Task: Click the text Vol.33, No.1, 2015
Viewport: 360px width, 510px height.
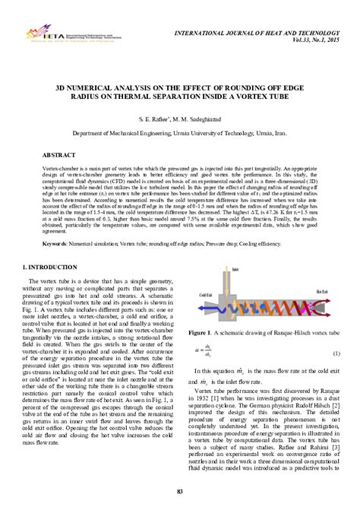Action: pyautogui.click(x=312, y=38)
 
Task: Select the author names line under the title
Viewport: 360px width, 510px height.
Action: pyautogui.click(x=180, y=120)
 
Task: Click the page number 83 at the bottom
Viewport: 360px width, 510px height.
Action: pyautogui.click(x=180, y=493)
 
